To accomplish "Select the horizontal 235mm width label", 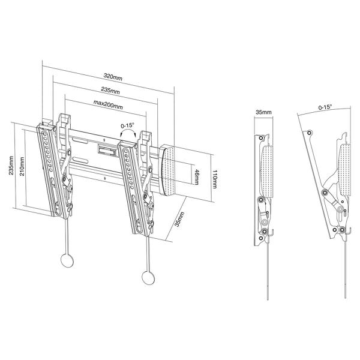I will click(109, 91).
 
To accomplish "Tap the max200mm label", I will click(108, 106).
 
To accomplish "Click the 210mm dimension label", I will click(21, 166).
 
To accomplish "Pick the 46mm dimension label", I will click(196, 176).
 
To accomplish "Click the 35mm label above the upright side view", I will click(263, 112).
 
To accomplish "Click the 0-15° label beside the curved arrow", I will click(127, 126).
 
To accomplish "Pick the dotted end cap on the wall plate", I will click(169, 169).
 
